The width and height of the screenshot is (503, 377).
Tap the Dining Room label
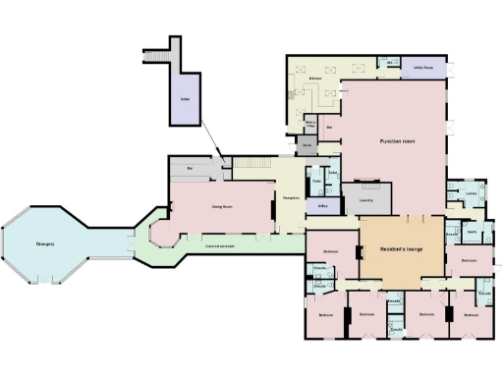[x=222, y=207]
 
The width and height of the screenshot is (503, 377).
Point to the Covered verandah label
[x=219, y=244]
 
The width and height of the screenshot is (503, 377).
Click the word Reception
[x=291, y=198]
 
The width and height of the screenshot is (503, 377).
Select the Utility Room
[x=426, y=66]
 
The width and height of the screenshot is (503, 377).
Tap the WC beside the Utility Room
[x=390, y=63]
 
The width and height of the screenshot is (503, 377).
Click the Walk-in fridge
[x=310, y=123]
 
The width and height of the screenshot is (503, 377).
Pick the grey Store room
[x=307, y=144]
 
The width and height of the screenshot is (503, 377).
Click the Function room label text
[x=397, y=142]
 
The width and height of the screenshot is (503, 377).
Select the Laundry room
[x=365, y=199]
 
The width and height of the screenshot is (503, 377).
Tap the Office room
[x=322, y=206]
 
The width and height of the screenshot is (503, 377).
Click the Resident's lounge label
[x=402, y=248]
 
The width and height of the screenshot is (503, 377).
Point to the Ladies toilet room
[x=472, y=193]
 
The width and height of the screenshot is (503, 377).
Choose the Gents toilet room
[x=472, y=232]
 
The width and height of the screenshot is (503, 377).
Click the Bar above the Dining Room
[x=189, y=169]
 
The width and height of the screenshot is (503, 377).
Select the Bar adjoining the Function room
[x=330, y=128]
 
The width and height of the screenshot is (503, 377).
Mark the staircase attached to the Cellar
[x=157, y=56]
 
